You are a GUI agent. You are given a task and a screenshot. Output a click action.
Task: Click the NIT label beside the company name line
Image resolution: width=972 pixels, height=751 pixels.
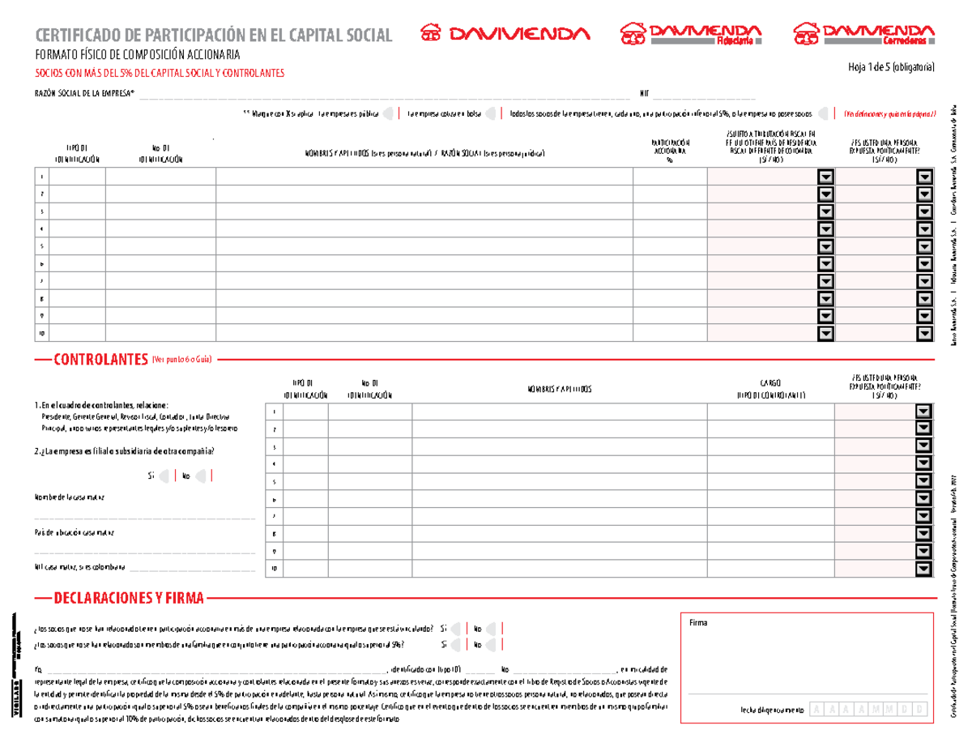[644, 93]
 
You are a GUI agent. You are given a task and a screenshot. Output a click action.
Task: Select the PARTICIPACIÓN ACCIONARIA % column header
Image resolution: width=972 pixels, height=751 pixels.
[669, 151]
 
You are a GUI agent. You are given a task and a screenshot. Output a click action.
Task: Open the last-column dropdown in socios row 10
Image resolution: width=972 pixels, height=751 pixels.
[924, 334]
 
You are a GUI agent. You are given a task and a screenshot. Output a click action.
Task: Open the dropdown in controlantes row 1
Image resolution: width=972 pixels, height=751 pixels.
[924, 412]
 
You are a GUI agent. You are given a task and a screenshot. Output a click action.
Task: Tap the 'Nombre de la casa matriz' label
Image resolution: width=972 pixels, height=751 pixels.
[69, 497]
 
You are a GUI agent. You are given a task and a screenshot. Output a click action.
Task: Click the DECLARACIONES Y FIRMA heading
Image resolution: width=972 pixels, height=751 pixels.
[129, 599]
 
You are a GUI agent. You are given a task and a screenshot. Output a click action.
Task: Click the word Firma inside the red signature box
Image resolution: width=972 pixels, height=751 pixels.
[698, 622]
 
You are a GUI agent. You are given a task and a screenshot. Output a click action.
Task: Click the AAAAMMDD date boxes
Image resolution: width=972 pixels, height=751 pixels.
[868, 710]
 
